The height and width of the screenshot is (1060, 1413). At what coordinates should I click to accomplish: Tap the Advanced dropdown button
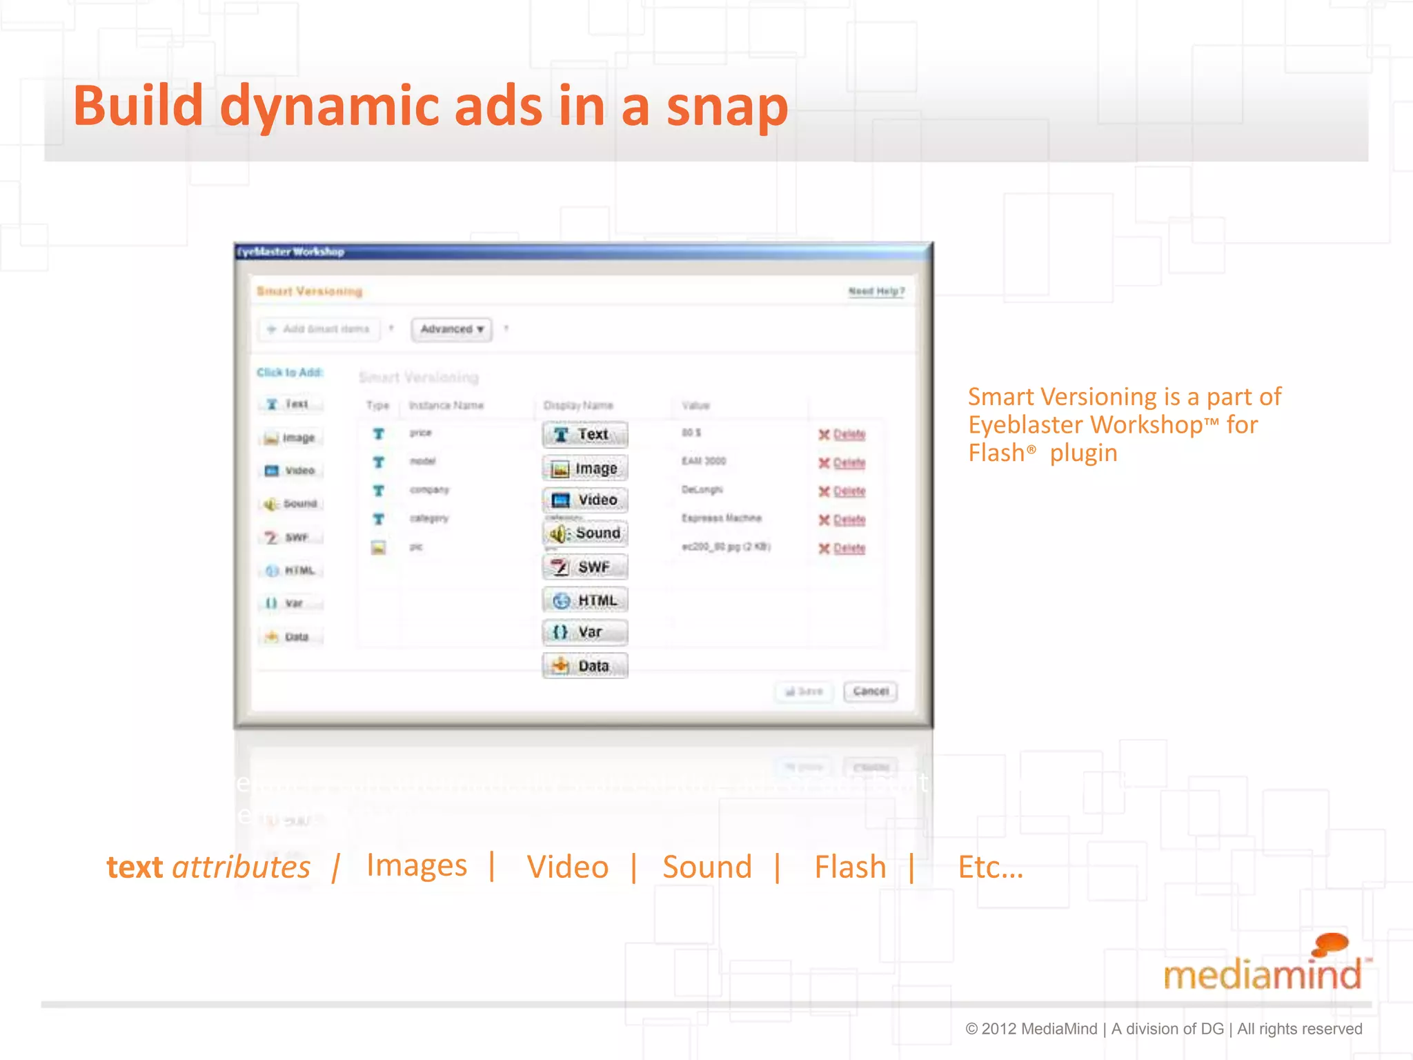click(451, 329)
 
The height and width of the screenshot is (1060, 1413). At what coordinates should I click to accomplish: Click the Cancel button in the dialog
click(870, 691)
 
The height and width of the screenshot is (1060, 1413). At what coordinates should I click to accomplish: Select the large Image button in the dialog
click(585, 469)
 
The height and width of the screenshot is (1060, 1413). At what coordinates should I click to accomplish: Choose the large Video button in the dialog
click(585, 500)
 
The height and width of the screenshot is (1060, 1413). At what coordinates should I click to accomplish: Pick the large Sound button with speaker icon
click(585, 533)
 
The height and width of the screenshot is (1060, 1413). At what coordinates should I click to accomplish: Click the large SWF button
click(585, 567)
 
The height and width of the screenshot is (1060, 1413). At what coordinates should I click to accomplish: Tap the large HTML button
click(585, 600)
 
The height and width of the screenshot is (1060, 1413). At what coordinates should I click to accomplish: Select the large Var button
click(585, 631)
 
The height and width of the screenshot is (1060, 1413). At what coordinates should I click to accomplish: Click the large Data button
click(585, 665)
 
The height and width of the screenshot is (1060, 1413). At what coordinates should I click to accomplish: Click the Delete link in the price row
click(849, 434)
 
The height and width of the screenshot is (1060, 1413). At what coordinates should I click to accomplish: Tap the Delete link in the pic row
click(849, 548)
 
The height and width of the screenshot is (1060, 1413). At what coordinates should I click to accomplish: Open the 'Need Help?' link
click(876, 291)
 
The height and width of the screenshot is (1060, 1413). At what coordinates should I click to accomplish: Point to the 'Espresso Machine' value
click(722, 518)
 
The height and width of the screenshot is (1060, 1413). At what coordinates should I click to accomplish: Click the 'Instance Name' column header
click(446, 405)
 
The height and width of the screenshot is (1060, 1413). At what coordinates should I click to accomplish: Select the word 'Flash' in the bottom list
click(850, 867)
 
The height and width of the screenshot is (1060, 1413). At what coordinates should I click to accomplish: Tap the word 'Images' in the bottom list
click(417, 865)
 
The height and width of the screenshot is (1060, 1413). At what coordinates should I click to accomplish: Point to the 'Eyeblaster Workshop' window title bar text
click(291, 252)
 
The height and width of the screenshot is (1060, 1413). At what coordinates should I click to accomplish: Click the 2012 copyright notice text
click(1163, 1029)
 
